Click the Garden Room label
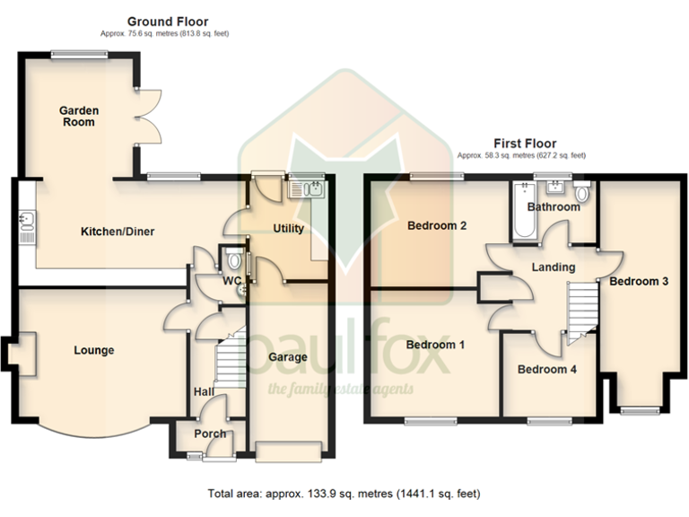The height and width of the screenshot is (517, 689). pos(79,116)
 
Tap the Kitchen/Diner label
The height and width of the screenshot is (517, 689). pos(118,232)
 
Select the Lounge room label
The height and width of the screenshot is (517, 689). pos(93,350)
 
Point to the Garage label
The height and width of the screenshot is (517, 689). pos(288,356)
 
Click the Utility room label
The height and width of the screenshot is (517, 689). pos(288,228)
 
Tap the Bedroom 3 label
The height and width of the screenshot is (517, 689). pos(639,281)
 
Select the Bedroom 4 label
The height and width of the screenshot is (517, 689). pos(547,369)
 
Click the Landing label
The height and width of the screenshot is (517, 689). pos(553,267)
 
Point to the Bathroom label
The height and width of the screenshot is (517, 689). pos(554,206)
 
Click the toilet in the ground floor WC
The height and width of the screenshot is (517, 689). pos(234,261)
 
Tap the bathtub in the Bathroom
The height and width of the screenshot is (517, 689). pos(522,211)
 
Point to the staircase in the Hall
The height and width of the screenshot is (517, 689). pos(229,359)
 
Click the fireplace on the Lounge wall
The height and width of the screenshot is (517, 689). pos(19,352)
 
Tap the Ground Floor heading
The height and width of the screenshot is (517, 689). pos(168,21)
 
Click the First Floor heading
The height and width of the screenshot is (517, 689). pos(525,143)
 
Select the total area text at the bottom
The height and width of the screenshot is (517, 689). pos(344,493)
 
